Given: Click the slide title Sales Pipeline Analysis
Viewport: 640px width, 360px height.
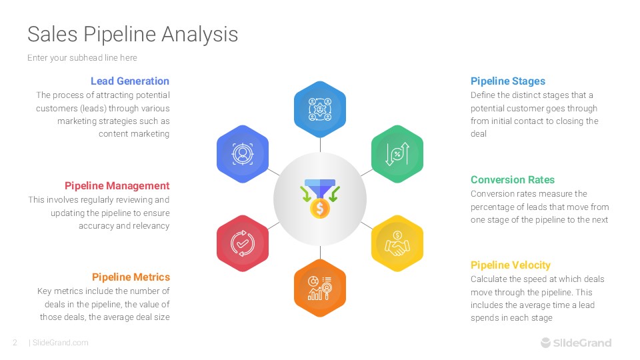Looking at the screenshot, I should coord(133,34).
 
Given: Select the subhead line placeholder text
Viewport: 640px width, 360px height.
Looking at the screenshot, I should coord(82,58).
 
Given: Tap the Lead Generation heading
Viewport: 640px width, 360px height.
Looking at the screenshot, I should coord(130,81).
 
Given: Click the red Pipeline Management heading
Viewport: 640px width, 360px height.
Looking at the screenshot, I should coord(117,186).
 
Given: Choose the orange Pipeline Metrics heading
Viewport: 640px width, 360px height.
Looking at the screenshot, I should coord(131,277).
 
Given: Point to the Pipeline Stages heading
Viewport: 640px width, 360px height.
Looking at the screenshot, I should coord(508,81).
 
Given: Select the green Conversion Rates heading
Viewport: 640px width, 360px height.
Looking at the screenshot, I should coord(513,180).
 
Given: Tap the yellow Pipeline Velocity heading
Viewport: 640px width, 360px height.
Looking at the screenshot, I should coord(511,265).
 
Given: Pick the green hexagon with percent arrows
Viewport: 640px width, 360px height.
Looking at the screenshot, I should coord(397,154).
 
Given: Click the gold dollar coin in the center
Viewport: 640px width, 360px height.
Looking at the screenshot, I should coord(320,209).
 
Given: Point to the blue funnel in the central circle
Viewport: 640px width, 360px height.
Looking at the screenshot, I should coord(320,186).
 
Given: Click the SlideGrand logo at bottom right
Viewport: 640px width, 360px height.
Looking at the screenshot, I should coord(575,343).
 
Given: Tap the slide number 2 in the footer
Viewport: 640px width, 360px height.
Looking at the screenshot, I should coord(15,343).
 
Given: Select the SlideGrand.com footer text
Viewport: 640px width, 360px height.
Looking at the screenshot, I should coord(60,343).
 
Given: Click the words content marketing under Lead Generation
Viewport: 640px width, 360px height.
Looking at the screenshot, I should coord(134,134).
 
